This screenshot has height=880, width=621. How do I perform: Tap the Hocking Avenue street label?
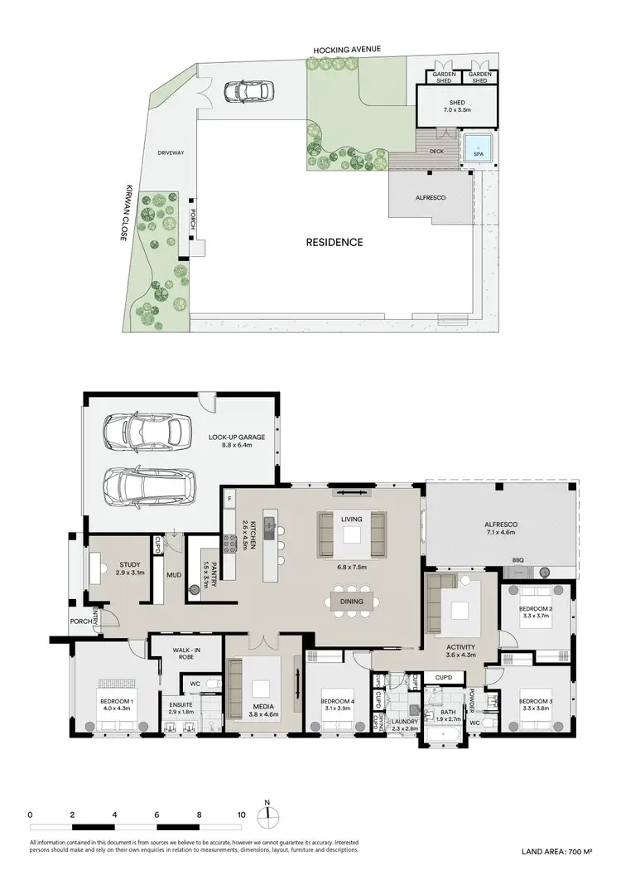[347, 50]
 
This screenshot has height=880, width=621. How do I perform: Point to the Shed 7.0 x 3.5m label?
[456, 105]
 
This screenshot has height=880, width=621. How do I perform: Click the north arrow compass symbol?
[267, 815]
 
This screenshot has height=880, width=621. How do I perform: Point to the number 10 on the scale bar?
[241, 815]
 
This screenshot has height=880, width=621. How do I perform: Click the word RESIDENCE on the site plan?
[335, 243]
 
